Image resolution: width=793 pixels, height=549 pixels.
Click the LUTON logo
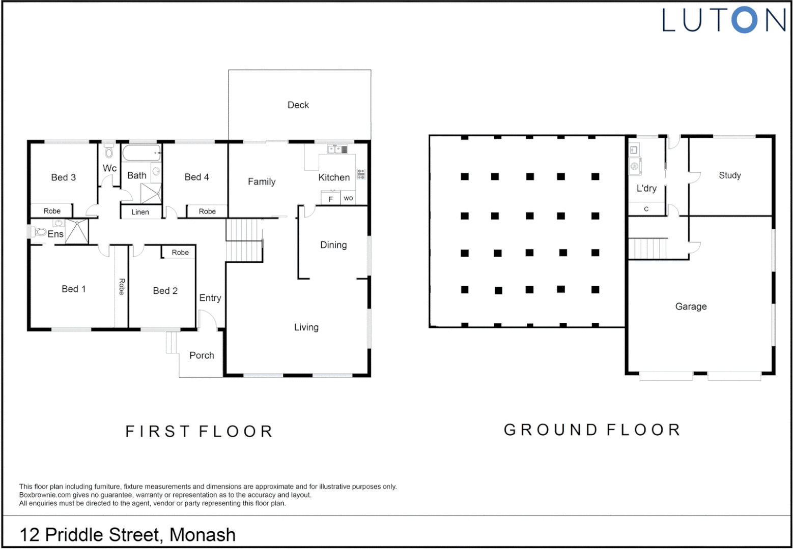pyautogui.click(x=723, y=21)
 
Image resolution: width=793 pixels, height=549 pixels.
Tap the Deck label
pyautogui.click(x=298, y=105)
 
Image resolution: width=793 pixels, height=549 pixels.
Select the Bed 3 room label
pyautogui.click(x=64, y=177)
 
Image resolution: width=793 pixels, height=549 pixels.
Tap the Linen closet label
pyautogui.click(x=140, y=212)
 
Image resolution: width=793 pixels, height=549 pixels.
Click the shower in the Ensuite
pyautogui.click(x=77, y=231)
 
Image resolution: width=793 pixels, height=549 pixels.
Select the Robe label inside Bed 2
pyautogui.click(x=180, y=253)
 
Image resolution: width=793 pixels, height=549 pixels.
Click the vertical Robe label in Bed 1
pyautogui.click(x=122, y=287)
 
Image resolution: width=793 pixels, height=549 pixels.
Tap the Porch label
pyautogui.click(x=202, y=356)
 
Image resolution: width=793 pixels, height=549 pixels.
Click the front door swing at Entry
pyautogui.click(x=207, y=320)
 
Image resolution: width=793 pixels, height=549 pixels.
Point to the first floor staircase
pyautogui.click(x=244, y=240)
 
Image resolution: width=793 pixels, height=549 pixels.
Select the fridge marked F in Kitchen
pyautogui.click(x=331, y=199)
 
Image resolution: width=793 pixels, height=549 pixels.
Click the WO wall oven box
pyautogui.click(x=348, y=198)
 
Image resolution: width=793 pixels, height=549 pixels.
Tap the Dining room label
pyautogui.click(x=333, y=245)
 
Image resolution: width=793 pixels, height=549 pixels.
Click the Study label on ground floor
pyautogui.click(x=729, y=175)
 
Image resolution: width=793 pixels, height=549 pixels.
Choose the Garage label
pyautogui.click(x=691, y=307)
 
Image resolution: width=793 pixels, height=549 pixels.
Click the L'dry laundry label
pyautogui.click(x=646, y=189)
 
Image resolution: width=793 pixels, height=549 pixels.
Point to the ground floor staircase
pyautogui.click(x=647, y=249)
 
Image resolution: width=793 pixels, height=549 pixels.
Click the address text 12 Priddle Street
pyautogui.click(x=127, y=535)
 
